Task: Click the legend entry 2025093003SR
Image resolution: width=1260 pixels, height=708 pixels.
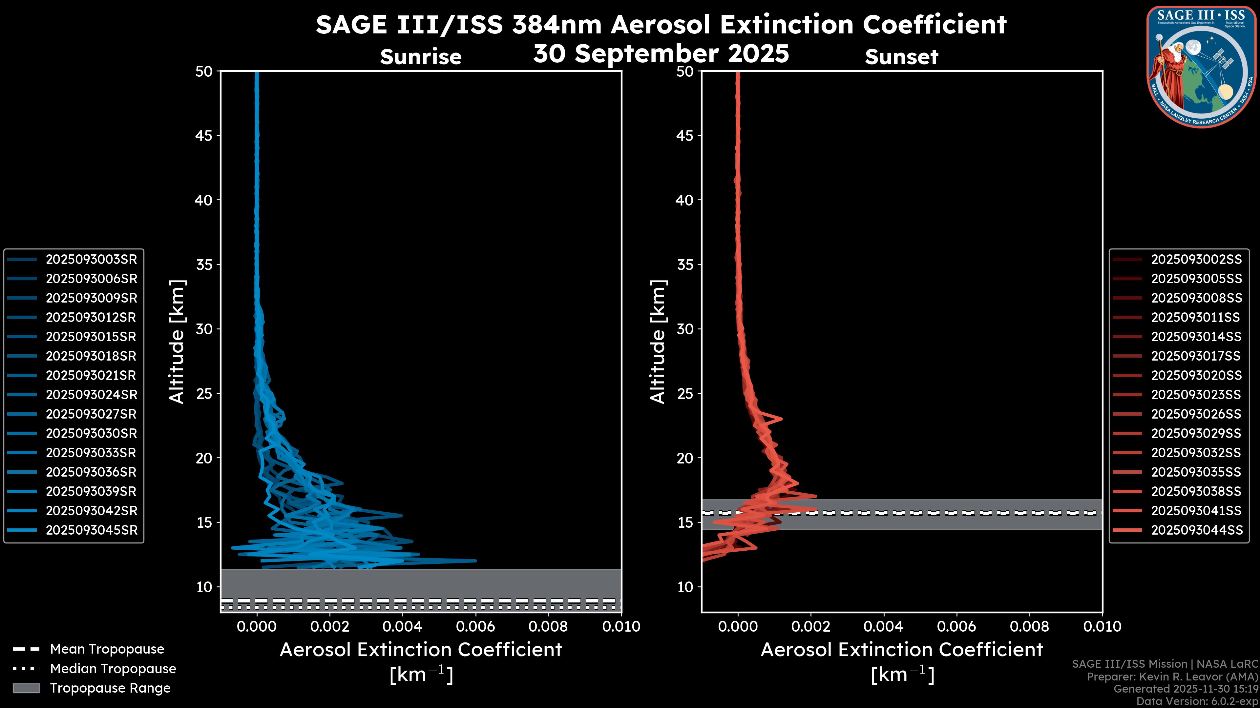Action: click(91, 260)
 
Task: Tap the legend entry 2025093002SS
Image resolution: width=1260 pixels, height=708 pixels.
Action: click(1196, 260)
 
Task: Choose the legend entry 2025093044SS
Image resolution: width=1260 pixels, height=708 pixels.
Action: click(1196, 530)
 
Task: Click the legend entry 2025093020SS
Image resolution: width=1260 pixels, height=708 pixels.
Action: click(1196, 375)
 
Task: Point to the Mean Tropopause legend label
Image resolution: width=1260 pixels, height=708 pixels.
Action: click(107, 649)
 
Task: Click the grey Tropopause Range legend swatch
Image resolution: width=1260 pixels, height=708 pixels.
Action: click(26, 688)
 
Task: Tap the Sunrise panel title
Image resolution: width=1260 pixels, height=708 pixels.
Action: click(421, 57)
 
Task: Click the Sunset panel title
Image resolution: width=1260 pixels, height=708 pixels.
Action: click(901, 57)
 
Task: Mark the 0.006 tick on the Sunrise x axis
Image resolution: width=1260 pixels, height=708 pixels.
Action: click(475, 626)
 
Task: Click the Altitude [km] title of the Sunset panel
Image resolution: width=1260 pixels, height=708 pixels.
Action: click(658, 342)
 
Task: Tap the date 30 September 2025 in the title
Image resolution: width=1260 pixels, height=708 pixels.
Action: click(661, 54)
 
